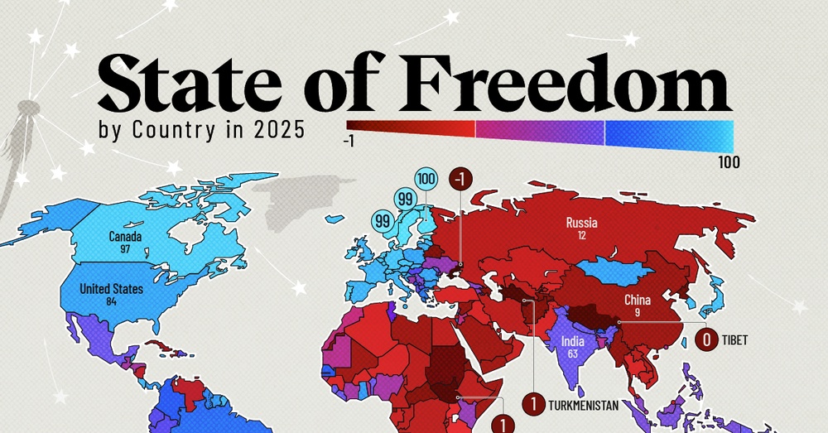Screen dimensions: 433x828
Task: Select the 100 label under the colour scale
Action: [x=728, y=161]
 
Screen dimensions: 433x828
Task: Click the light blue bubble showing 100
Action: [x=427, y=178]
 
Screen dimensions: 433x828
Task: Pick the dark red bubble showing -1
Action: [x=460, y=178]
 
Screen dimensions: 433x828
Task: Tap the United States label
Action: [x=111, y=289]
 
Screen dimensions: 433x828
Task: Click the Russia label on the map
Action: [x=581, y=223]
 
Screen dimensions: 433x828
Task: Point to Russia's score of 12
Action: [x=581, y=236]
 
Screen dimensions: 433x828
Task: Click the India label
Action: [x=572, y=341]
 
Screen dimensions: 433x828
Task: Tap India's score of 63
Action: [x=572, y=354]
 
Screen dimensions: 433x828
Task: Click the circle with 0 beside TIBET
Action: [x=706, y=339]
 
